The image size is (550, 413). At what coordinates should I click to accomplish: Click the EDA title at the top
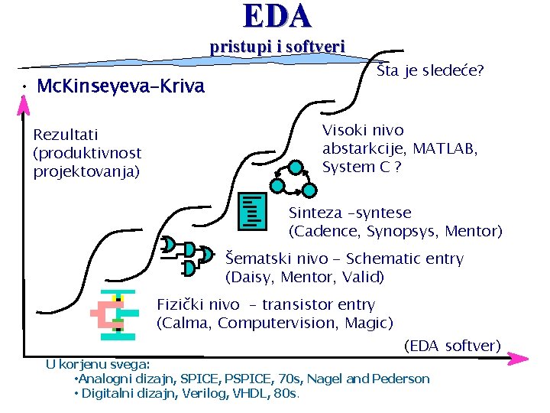click(x=277, y=16)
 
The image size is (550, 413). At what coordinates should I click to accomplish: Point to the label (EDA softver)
click(x=451, y=346)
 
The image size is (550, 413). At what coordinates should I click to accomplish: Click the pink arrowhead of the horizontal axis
click(x=519, y=358)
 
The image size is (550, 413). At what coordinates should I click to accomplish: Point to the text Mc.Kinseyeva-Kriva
click(x=121, y=86)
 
